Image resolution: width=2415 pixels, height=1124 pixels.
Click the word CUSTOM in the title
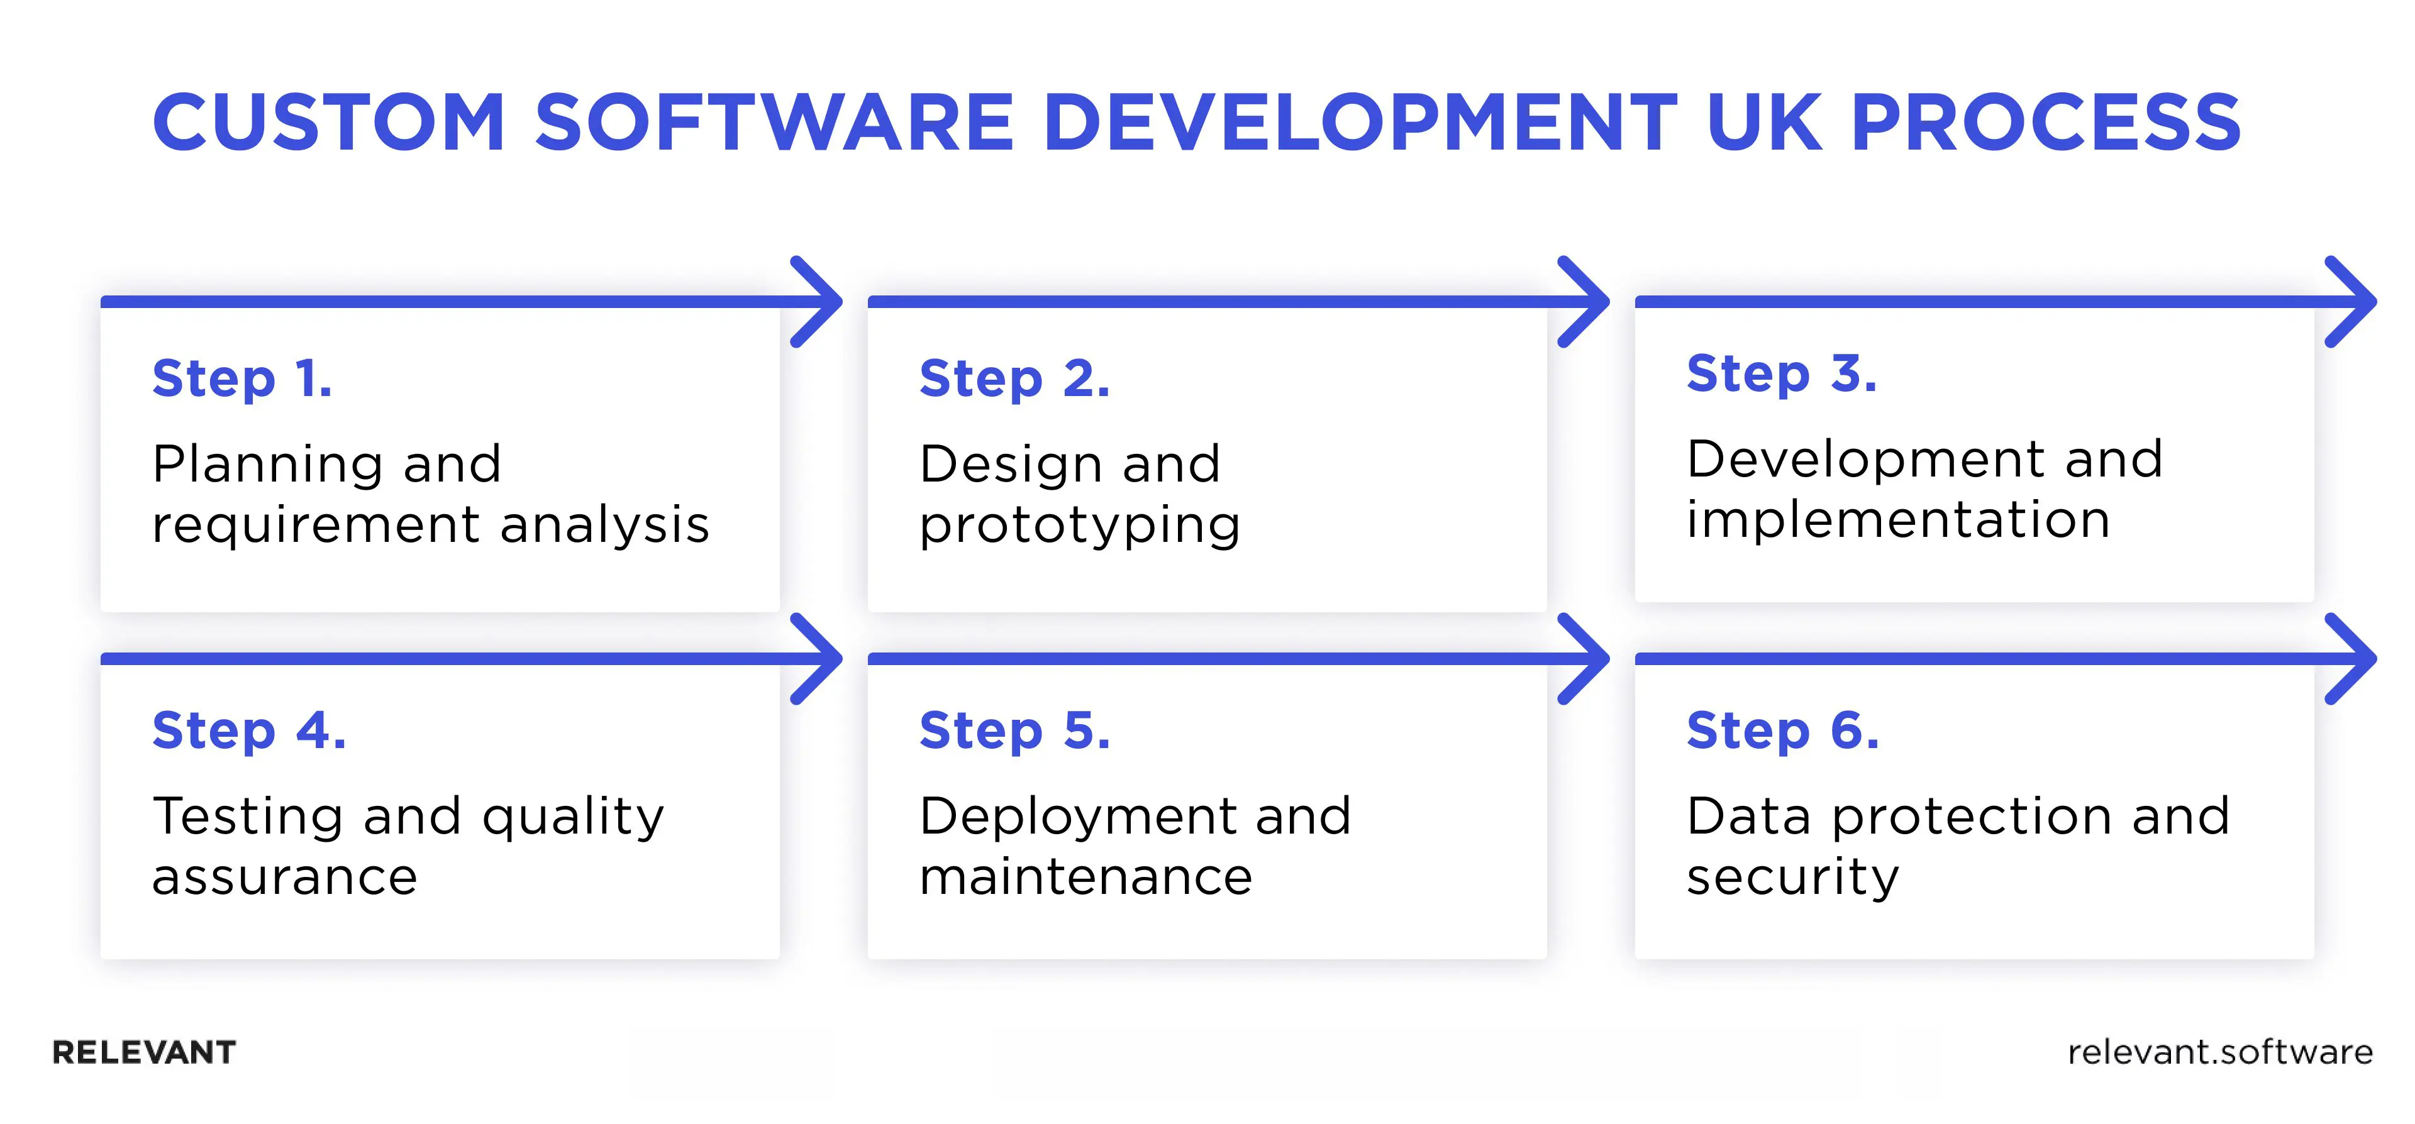(329, 122)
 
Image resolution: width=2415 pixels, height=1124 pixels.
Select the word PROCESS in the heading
(2046, 122)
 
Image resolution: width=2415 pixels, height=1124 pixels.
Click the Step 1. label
(242, 378)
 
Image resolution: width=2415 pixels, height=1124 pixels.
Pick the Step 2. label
(1014, 378)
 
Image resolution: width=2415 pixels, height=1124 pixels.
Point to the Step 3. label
(1781, 374)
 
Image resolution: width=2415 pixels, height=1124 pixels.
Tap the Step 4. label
(248, 731)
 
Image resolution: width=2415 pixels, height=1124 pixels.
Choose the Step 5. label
(1014, 731)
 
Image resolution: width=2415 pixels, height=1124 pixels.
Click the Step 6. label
(1782, 731)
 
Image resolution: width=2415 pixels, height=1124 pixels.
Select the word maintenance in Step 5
(1085, 876)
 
